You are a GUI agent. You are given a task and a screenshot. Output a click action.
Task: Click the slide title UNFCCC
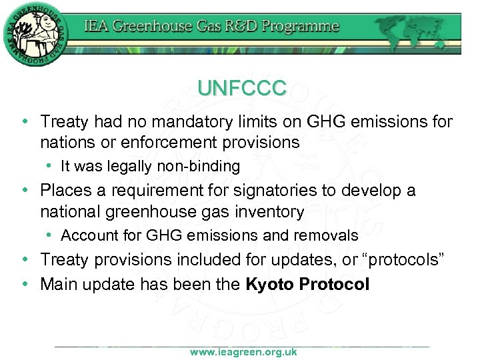click(242, 88)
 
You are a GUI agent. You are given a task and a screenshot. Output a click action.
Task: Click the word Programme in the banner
click(300, 27)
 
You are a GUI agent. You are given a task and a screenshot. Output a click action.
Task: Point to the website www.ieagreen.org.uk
click(243, 352)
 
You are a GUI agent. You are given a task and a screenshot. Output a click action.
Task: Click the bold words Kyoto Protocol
click(307, 284)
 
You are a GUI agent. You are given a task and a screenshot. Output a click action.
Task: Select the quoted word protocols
click(404, 260)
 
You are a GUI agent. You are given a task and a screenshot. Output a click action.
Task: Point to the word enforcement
click(173, 143)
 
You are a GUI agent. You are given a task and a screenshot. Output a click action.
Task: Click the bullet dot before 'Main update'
click(25, 285)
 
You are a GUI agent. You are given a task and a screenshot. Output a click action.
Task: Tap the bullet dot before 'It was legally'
click(51, 166)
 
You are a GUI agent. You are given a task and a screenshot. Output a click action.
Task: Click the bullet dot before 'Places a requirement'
click(25, 191)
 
